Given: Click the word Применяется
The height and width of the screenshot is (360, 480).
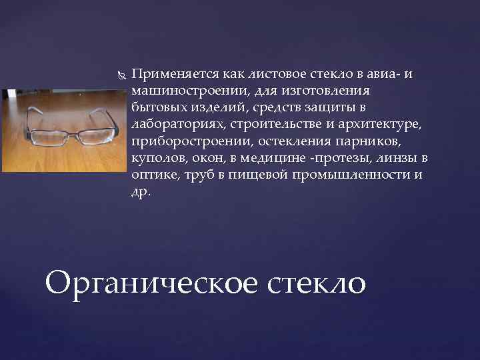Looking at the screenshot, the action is click(175, 75).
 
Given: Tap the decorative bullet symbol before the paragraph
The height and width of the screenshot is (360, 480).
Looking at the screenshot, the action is click(122, 75).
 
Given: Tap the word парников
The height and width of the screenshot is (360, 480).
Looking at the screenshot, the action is click(368, 142).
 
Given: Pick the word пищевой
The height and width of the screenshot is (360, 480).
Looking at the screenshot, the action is click(258, 175).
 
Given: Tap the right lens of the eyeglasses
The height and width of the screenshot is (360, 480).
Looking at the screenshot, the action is click(93, 135).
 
